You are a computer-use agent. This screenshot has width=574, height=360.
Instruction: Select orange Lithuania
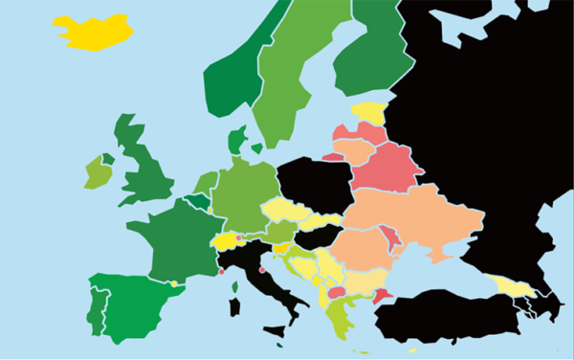pos(353,151)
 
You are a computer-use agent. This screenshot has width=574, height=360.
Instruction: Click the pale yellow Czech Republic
pos(284,211)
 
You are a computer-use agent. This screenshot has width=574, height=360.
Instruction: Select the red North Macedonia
pos(338,292)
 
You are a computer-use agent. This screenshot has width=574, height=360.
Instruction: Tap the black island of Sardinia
pos(233,306)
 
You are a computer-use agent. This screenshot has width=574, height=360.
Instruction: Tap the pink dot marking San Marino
pos(262,269)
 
